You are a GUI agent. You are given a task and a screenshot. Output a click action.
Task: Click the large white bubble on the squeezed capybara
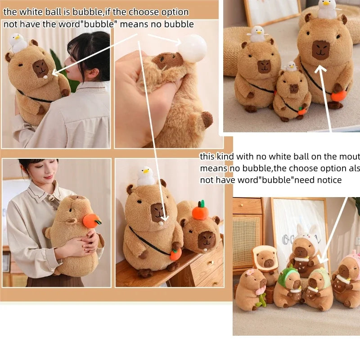[193, 49]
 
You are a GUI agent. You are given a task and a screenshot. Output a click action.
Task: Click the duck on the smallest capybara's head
[291, 66]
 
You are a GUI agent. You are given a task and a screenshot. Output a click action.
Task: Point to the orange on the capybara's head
[200, 211]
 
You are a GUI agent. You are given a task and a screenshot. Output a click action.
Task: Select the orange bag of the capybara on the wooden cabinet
[175, 254]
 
